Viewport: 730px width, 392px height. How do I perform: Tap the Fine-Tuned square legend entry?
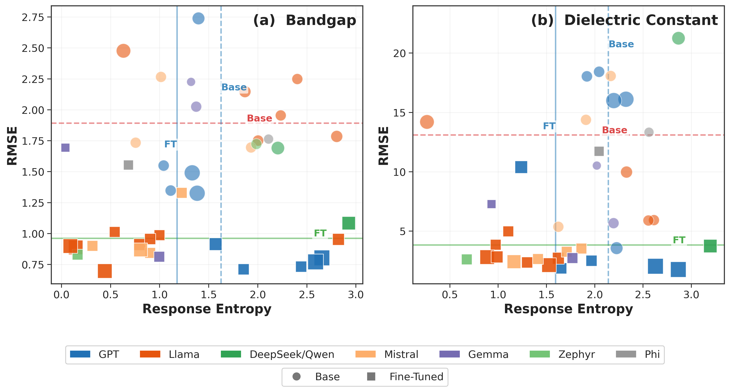tap(405, 377)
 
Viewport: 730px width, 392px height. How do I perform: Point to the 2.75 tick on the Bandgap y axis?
tap(33, 18)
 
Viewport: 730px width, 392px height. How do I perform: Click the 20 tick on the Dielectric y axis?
tap(400, 53)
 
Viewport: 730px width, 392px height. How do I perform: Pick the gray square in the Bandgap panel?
tap(128, 165)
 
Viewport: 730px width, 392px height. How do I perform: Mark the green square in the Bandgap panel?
tap(349, 223)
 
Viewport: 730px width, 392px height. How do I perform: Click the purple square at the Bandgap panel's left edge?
tap(65, 148)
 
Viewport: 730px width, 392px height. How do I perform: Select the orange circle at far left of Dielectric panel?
tap(427, 122)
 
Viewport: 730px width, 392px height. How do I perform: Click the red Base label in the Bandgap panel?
tap(259, 118)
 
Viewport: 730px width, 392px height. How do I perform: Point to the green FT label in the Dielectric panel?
tap(679, 240)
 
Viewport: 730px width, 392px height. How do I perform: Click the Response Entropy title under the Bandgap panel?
tap(207, 309)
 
